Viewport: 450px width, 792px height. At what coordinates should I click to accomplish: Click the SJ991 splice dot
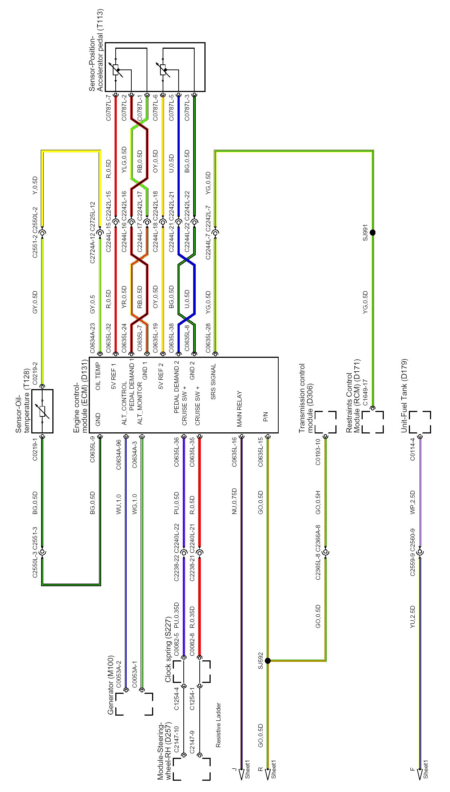tap(372, 232)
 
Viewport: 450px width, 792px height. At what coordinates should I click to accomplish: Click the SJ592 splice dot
tap(267, 661)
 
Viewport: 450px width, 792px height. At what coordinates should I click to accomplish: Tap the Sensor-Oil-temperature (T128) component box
tap(42, 411)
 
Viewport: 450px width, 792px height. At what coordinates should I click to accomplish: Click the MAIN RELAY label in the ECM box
tap(239, 409)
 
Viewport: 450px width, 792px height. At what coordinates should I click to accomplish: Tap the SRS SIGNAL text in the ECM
tap(213, 381)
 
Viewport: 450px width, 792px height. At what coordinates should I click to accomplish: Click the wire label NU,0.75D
tap(234, 501)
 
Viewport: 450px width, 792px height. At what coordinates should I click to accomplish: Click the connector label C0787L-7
tap(108, 108)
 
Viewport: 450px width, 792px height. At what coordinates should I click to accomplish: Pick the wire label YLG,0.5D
tap(124, 160)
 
